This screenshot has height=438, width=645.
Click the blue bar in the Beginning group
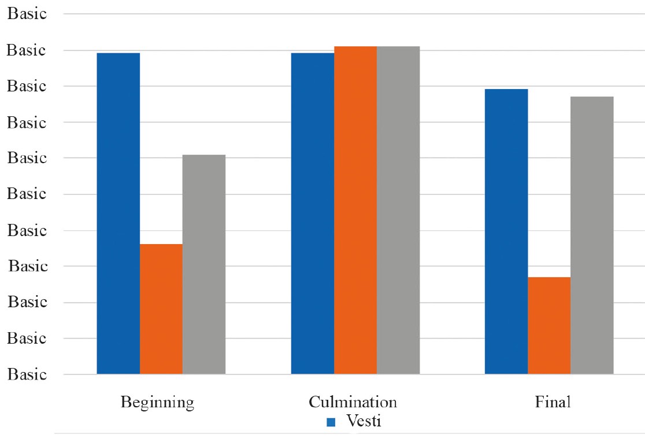pos(118,214)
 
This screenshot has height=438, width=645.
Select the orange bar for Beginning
pos(161,309)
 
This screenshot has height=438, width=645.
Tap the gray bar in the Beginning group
pos(204,264)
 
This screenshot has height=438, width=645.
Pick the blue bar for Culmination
pos(313,214)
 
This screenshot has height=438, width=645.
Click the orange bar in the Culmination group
pos(355,210)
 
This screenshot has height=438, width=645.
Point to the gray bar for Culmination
pos(398,210)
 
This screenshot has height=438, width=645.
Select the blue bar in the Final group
pos(506,231)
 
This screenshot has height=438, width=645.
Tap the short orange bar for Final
pos(549,326)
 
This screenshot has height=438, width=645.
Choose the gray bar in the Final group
pos(592,235)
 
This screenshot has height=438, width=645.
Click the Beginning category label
pos(157,403)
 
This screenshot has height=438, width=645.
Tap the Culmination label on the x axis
pos(353,402)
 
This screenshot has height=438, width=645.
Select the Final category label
pos(553,402)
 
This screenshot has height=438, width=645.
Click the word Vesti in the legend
pos(364,421)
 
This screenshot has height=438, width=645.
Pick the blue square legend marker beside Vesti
pos(331,422)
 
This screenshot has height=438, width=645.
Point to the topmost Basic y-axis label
pos(27,13)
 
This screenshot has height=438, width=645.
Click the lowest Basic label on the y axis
pos(27,374)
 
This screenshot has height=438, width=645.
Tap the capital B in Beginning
pos(125,402)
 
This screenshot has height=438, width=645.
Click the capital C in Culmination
pos(314,402)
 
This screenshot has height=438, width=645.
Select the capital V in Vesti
pos(353,421)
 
